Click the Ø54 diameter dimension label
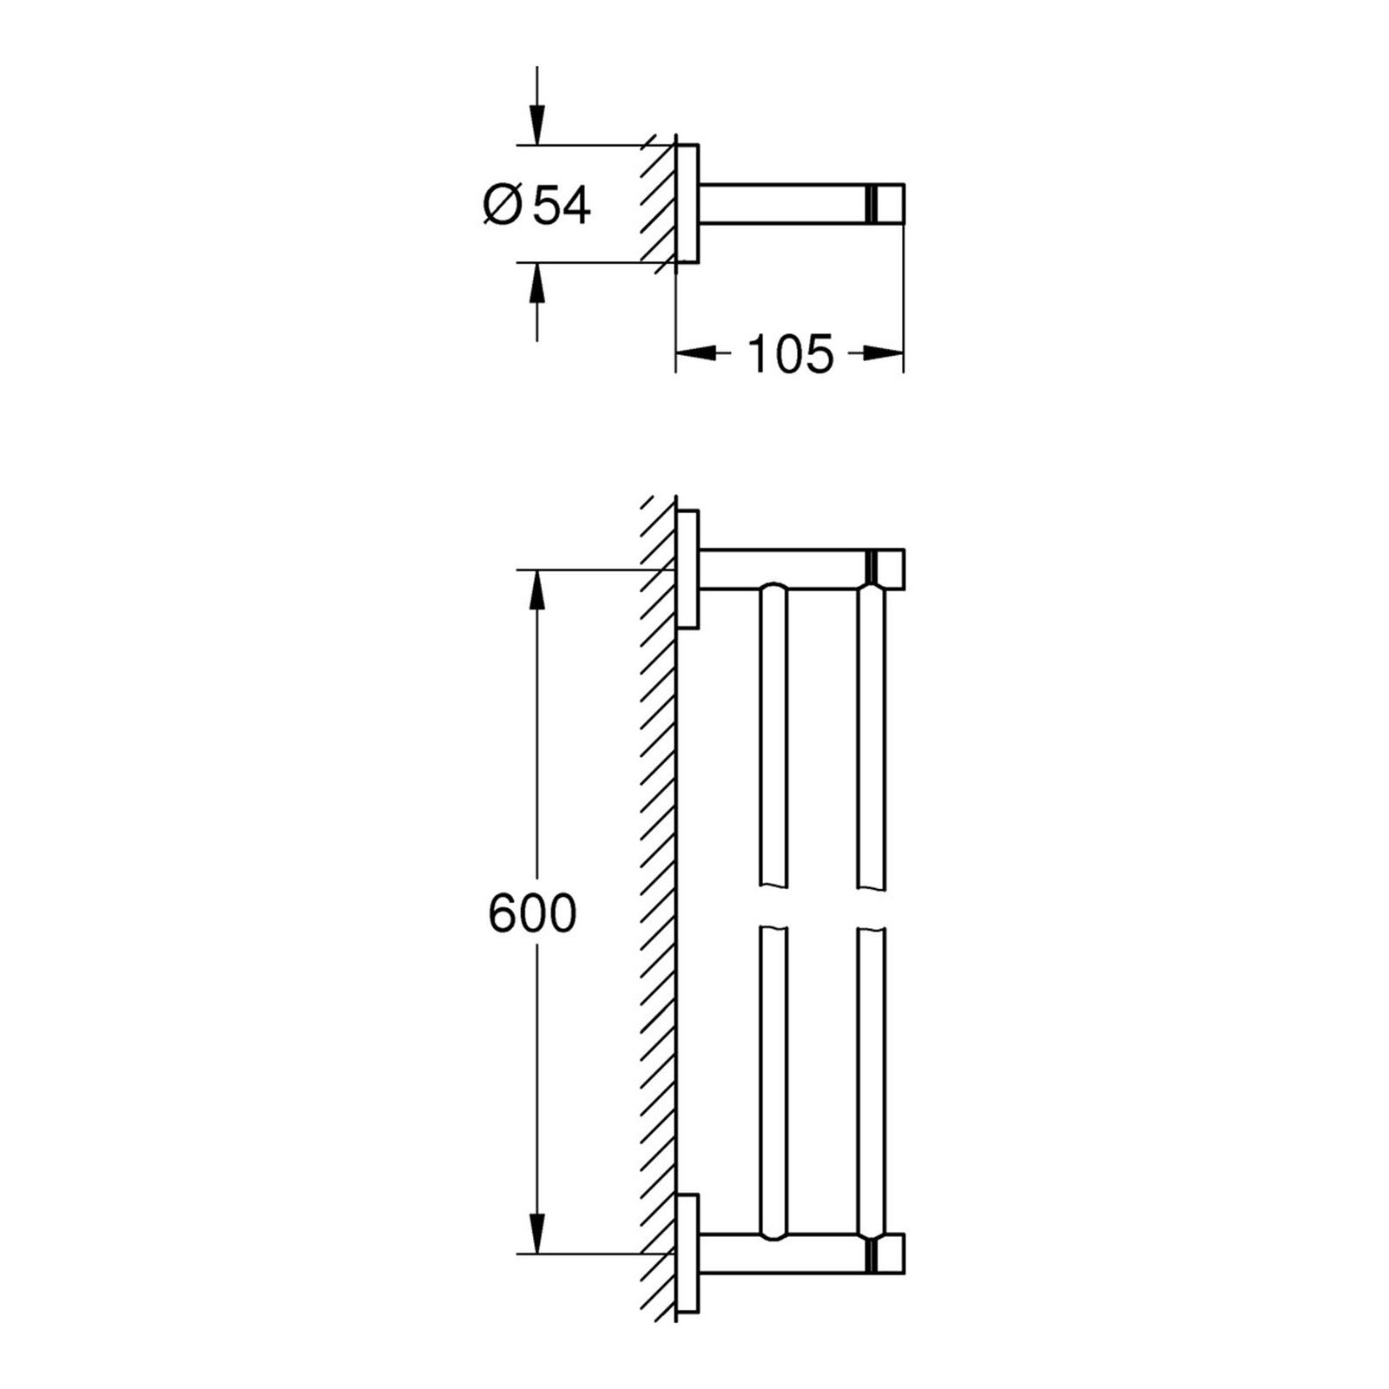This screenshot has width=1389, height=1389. (537, 207)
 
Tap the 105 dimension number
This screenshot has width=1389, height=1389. (790, 353)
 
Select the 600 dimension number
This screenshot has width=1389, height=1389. (532, 913)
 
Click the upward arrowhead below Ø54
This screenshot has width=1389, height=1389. (537, 281)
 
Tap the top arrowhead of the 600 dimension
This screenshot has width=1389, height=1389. (537, 590)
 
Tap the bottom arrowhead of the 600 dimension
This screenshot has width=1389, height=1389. (537, 1234)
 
